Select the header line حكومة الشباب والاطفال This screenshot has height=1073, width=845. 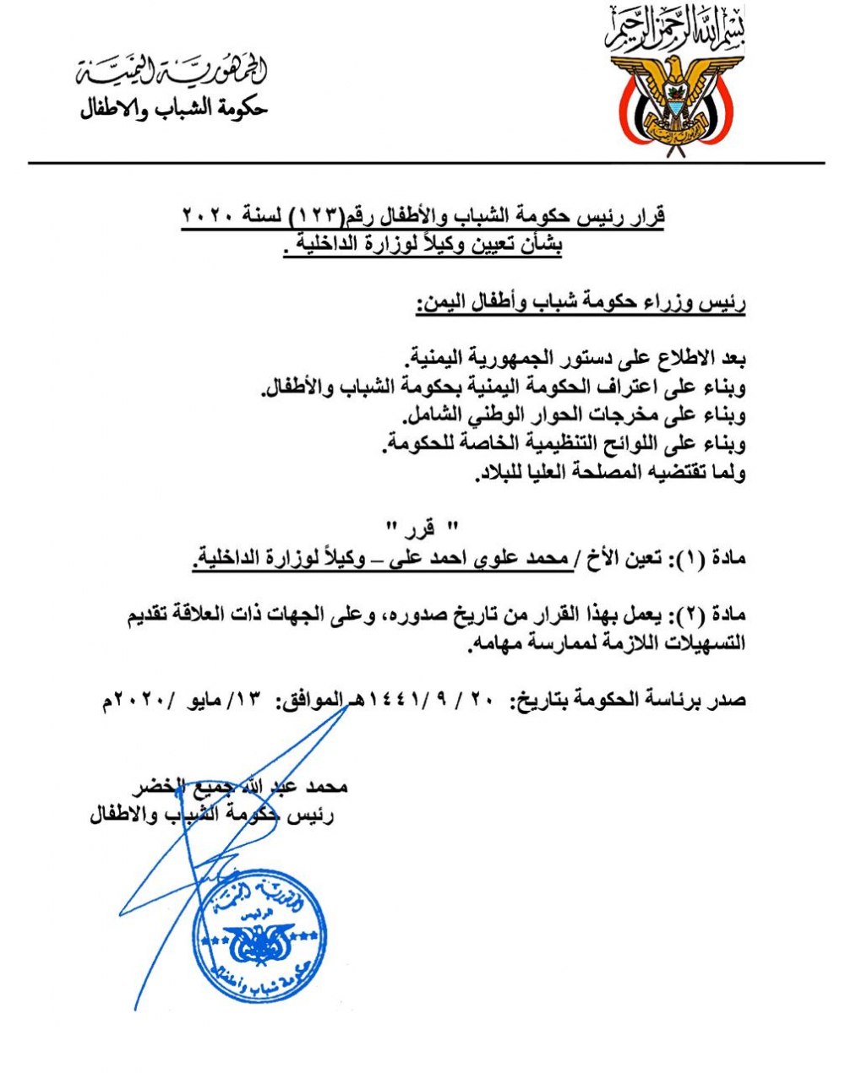[x=173, y=111]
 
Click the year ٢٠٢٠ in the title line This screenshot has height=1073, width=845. [x=214, y=217]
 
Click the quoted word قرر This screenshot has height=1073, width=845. [x=420, y=529]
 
